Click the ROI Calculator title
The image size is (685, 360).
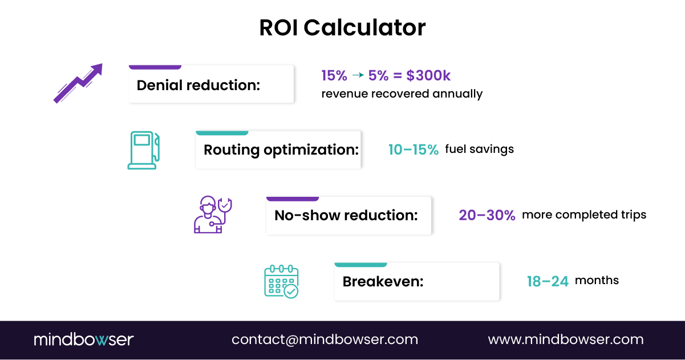pos(342,27)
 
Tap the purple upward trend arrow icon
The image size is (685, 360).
pos(78,83)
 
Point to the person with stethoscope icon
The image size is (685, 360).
pos(213,215)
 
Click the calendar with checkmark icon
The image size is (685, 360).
pos(281,281)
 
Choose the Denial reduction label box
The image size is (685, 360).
pos(211,84)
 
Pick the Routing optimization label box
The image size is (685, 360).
pos(278,149)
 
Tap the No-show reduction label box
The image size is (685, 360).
pos(348,215)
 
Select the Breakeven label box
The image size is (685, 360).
pos(416,281)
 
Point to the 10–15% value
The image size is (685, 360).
pos(414,150)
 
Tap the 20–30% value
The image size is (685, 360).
pos(487,215)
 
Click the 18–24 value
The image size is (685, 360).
pos(548,281)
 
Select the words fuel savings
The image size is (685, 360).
pos(479,149)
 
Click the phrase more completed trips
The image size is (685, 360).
pos(584,215)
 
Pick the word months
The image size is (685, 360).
pos(597,281)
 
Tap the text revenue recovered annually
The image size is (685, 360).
pos(402,94)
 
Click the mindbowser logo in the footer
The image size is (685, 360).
pos(83,340)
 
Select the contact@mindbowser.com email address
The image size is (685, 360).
pos(325,340)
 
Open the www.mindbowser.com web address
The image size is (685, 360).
pos(566,340)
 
